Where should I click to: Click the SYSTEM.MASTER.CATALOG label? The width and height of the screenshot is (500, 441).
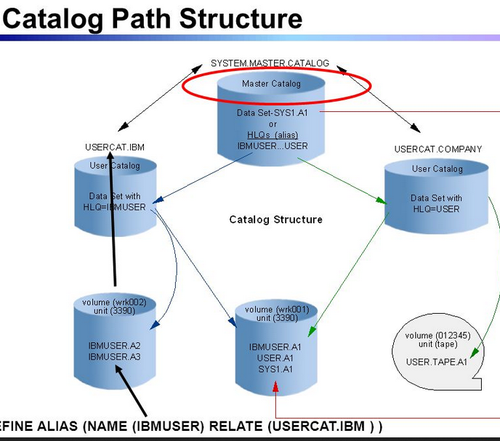point(270,63)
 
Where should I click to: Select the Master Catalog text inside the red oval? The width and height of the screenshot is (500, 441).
point(271,84)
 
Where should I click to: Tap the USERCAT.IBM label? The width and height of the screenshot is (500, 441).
point(115,147)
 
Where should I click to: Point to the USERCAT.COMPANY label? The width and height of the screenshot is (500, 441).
point(437,150)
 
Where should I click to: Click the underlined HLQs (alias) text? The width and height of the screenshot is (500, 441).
point(272,135)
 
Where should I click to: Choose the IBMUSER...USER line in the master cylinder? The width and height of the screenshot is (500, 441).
point(272,146)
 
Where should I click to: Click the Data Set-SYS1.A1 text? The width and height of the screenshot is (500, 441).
point(273,113)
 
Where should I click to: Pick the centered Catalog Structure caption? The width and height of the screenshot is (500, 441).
point(275,219)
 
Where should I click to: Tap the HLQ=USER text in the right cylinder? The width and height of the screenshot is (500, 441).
point(436,209)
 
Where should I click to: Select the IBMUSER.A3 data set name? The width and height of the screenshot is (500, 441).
point(116,357)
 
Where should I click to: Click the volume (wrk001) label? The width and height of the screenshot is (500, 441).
point(277,309)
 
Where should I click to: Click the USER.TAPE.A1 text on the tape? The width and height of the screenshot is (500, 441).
point(436,362)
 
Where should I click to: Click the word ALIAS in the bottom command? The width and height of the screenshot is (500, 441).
point(59,426)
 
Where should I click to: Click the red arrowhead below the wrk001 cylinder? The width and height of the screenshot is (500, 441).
point(276,388)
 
